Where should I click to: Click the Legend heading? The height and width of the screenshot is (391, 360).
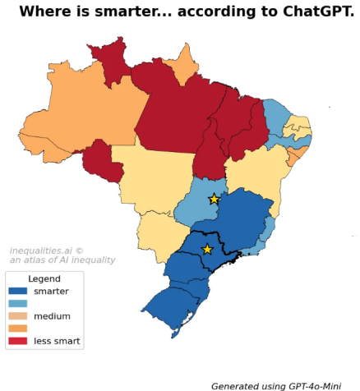(44, 279)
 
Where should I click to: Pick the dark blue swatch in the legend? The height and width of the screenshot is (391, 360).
(18, 291)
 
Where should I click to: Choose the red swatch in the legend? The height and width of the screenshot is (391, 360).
(18, 341)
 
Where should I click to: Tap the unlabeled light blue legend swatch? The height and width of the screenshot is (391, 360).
(18, 303)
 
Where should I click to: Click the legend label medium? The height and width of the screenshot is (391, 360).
(52, 316)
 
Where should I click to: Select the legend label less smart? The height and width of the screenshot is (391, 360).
(57, 341)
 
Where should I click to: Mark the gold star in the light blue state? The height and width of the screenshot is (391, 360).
(214, 199)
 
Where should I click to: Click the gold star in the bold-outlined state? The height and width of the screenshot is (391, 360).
(207, 249)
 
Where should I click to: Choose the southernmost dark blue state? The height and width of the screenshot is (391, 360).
(173, 308)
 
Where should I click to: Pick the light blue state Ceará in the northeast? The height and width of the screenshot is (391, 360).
(275, 115)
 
